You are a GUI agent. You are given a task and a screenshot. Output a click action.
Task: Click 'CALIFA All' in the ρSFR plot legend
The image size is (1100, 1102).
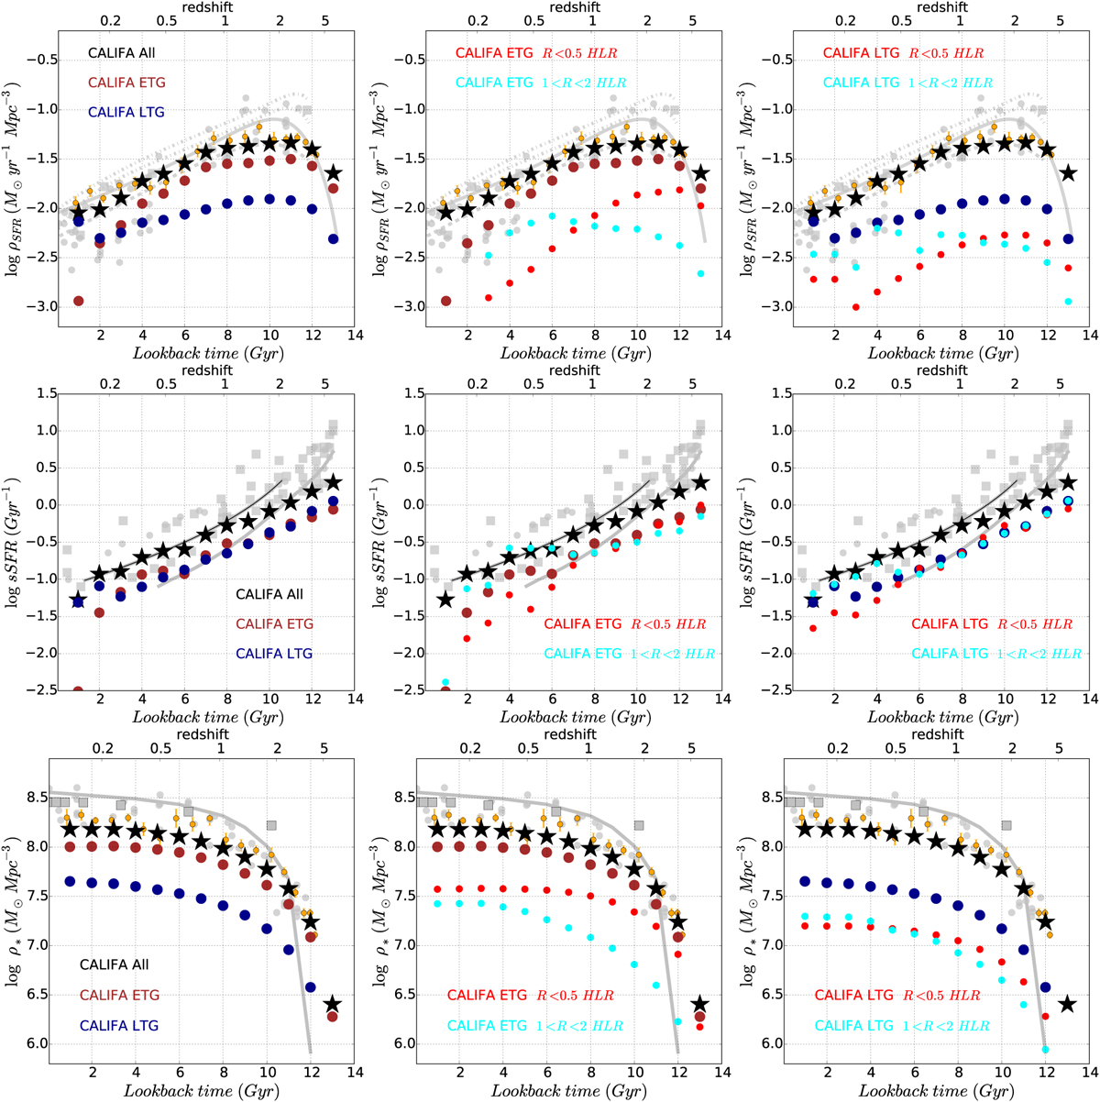click(122, 53)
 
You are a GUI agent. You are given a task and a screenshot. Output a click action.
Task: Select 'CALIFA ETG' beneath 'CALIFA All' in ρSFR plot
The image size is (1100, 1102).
click(126, 83)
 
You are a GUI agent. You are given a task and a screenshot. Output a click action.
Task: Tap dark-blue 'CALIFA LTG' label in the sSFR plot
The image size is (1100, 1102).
click(274, 654)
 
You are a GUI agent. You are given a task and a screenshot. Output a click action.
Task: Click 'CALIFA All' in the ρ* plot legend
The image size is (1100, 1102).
click(114, 964)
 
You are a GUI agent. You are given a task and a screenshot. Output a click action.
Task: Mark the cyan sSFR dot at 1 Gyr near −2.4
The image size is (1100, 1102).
click(445, 682)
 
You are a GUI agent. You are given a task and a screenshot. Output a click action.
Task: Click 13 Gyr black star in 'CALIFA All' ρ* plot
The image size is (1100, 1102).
click(333, 1005)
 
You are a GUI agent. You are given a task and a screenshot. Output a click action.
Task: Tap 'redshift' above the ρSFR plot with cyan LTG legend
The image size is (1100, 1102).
click(941, 7)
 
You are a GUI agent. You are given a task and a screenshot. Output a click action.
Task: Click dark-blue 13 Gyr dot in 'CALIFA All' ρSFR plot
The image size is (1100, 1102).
click(333, 239)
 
